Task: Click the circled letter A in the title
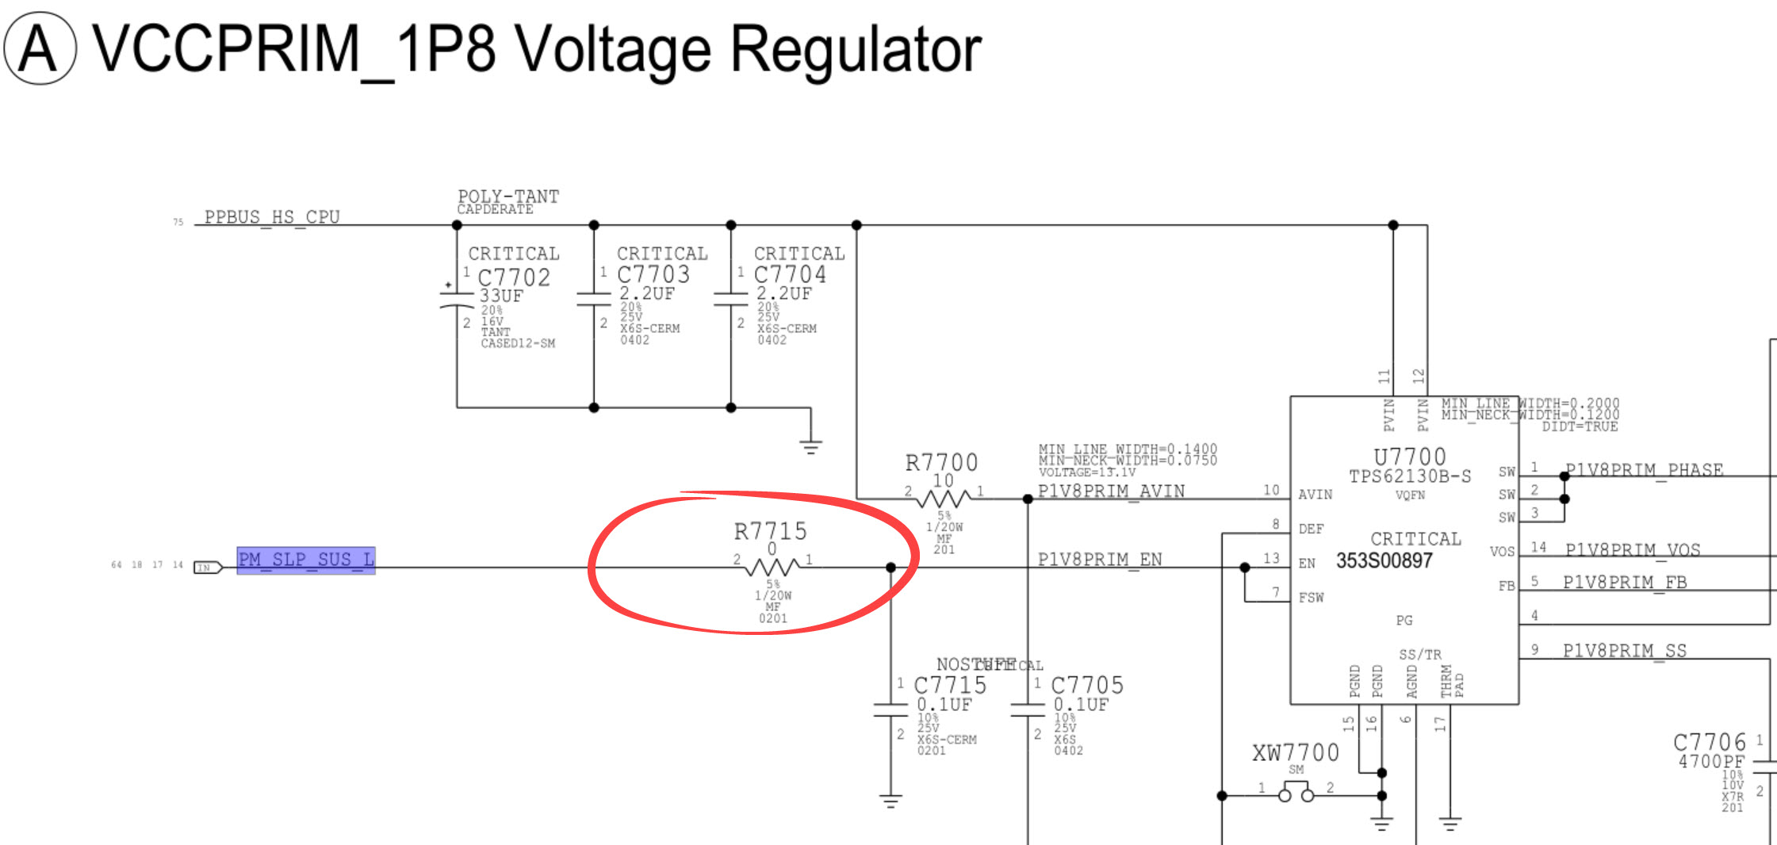40,49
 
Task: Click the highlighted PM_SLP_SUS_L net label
306,560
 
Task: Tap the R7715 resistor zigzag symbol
773,567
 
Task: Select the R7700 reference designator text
941,462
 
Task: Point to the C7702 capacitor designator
514,277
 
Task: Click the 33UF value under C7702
501,296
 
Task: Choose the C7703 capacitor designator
653,274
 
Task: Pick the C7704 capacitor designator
790,274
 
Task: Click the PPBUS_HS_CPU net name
272,217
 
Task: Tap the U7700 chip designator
1410,457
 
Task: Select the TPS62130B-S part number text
1410,476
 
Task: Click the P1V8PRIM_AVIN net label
1111,491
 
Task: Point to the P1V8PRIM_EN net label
1100,560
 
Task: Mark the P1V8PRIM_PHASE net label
1644,470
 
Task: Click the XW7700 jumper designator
1296,752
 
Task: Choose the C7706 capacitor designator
1710,743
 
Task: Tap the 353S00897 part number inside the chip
1384,561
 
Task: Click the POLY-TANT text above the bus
508,196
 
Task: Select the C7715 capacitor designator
950,685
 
